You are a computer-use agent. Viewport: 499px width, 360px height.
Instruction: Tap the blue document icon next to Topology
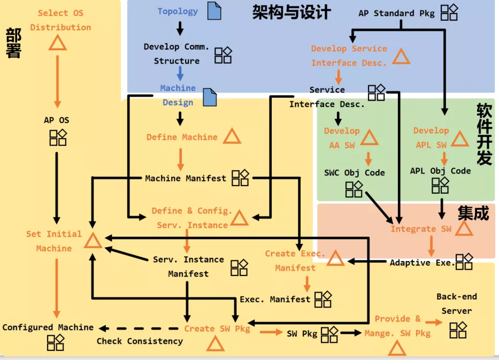[x=213, y=11]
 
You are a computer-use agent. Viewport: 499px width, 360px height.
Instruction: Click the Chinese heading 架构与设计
[x=291, y=12]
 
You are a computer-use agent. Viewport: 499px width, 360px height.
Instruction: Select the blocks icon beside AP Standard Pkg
[x=449, y=12]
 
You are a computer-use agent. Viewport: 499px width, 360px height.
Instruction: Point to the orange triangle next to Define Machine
[x=232, y=137]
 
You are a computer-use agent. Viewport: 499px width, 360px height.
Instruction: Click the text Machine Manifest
[x=186, y=178]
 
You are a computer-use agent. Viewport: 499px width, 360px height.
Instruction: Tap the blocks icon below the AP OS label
[x=58, y=137]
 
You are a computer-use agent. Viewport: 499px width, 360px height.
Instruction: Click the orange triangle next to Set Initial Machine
[x=93, y=242]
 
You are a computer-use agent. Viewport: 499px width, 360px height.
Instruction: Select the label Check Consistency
[x=140, y=341]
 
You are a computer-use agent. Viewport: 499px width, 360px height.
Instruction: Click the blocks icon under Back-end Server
[x=458, y=330]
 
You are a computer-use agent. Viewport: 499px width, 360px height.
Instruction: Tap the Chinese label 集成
[x=473, y=213]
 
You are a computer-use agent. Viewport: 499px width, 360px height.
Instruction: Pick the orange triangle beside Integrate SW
[x=464, y=229]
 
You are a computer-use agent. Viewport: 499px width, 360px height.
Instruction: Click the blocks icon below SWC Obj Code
[x=354, y=188]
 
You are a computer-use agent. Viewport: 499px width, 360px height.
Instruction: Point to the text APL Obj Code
[x=440, y=171]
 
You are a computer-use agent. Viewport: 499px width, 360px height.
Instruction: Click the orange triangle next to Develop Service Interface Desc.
[x=401, y=56]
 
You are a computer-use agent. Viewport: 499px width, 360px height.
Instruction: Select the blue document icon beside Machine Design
[x=210, y=97]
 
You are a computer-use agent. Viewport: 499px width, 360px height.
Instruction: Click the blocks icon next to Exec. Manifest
[x=323, y=300]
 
